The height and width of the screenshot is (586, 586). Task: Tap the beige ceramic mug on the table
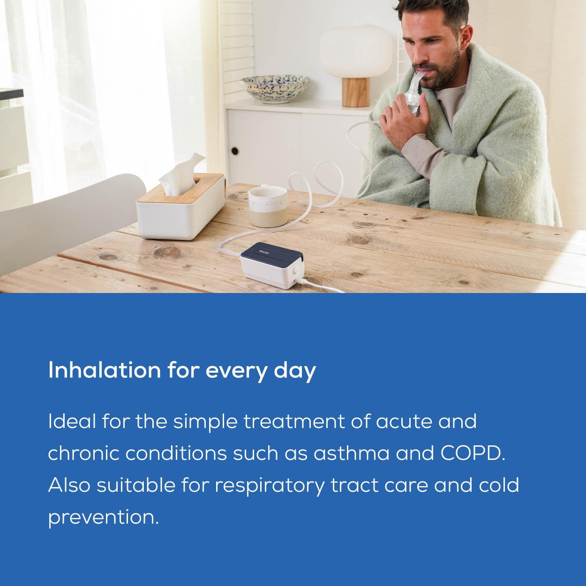click(268, 206)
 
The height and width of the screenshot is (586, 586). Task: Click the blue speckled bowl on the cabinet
click(275, 88)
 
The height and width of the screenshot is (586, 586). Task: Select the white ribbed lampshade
click(356, 52)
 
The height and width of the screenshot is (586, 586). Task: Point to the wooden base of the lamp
click(355, 92)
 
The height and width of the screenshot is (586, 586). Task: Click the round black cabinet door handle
click(234, 151)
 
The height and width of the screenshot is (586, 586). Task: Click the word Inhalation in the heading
click(105, 370)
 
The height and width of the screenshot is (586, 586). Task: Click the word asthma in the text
click(351, 453)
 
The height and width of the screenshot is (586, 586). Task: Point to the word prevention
click(103, 518)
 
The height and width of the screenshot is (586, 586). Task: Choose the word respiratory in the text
click(270, 486)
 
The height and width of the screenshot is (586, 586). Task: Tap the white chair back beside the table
click(70, 220)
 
